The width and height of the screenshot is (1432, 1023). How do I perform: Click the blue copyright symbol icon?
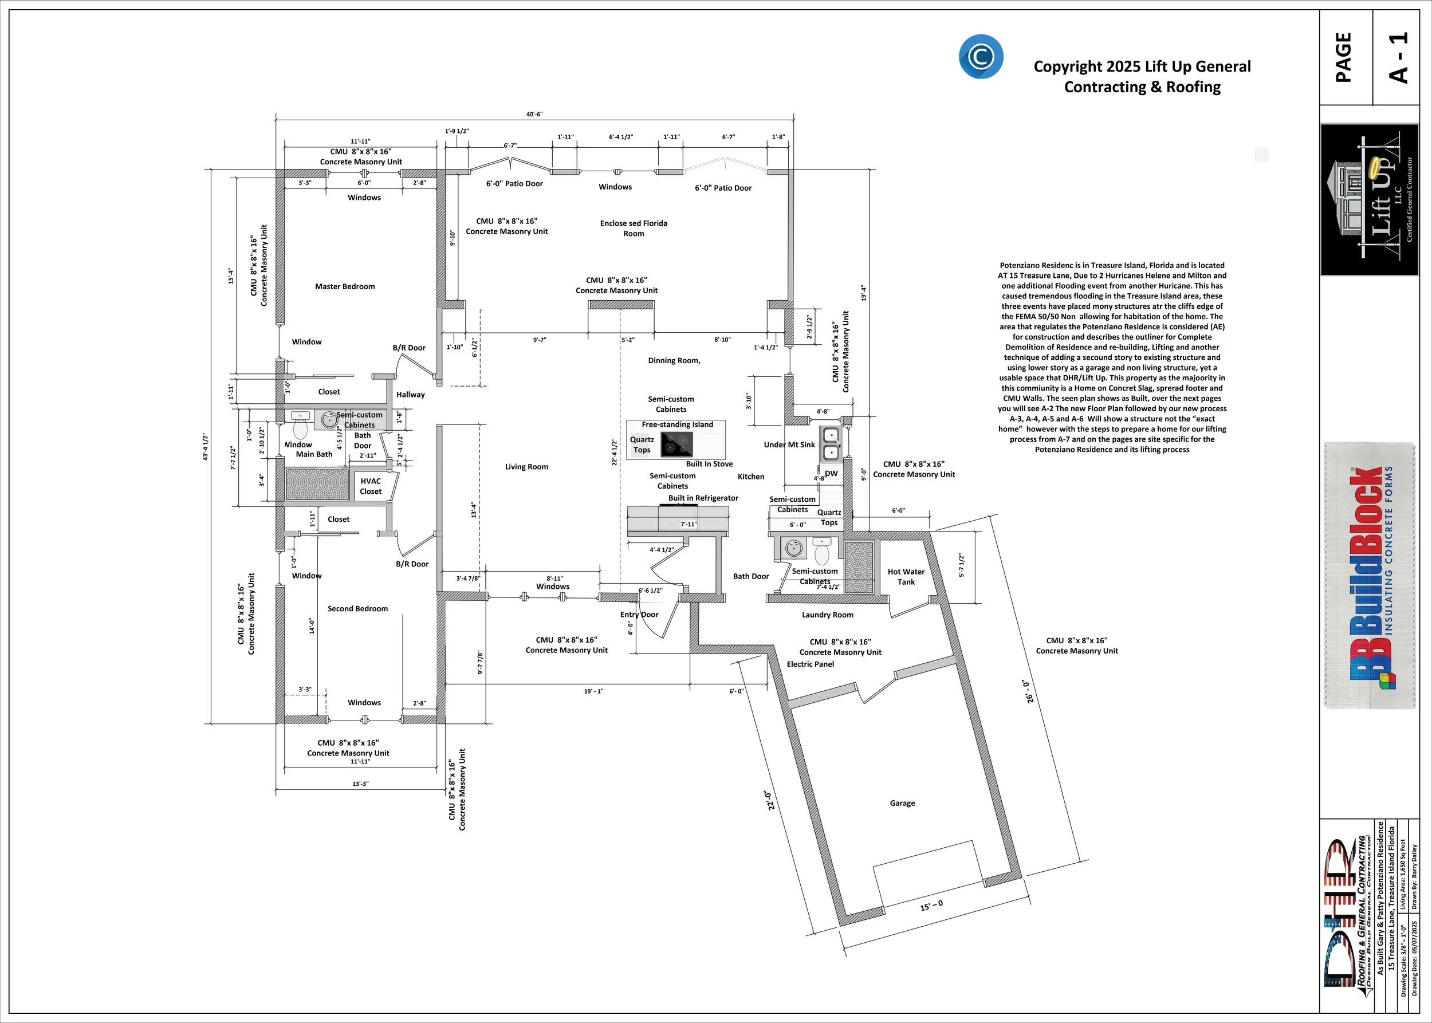(x=980, y=57)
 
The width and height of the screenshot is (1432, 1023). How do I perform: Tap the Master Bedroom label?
(x=345, y=286)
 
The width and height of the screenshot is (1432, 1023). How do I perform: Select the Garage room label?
(x=902, y=803)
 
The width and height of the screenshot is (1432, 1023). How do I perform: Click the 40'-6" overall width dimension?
(x=534, y=115)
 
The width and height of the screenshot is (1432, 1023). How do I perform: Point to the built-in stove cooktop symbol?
(x=676, y=444)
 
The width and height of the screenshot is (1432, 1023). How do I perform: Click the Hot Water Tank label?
(x=906, y=577)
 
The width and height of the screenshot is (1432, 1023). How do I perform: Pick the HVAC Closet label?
(x=371, y=486)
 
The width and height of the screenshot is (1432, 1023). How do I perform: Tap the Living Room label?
(x=526, y=467)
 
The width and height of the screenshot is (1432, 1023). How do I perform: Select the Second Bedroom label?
(x=357, y=608)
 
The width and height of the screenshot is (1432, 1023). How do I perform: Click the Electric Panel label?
(x=810, y=664)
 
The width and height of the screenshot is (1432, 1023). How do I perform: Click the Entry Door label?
(x=639, y=615)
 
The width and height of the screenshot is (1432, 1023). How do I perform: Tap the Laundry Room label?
(x=827, y=615)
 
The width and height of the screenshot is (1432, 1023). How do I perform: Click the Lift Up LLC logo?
(x=1369, y=199)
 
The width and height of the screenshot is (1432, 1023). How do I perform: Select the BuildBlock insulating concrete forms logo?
(x=1370, y=575)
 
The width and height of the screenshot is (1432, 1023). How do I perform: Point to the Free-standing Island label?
(x=677, y=424)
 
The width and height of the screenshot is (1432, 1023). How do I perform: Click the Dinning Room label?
(x=674, y=361)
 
